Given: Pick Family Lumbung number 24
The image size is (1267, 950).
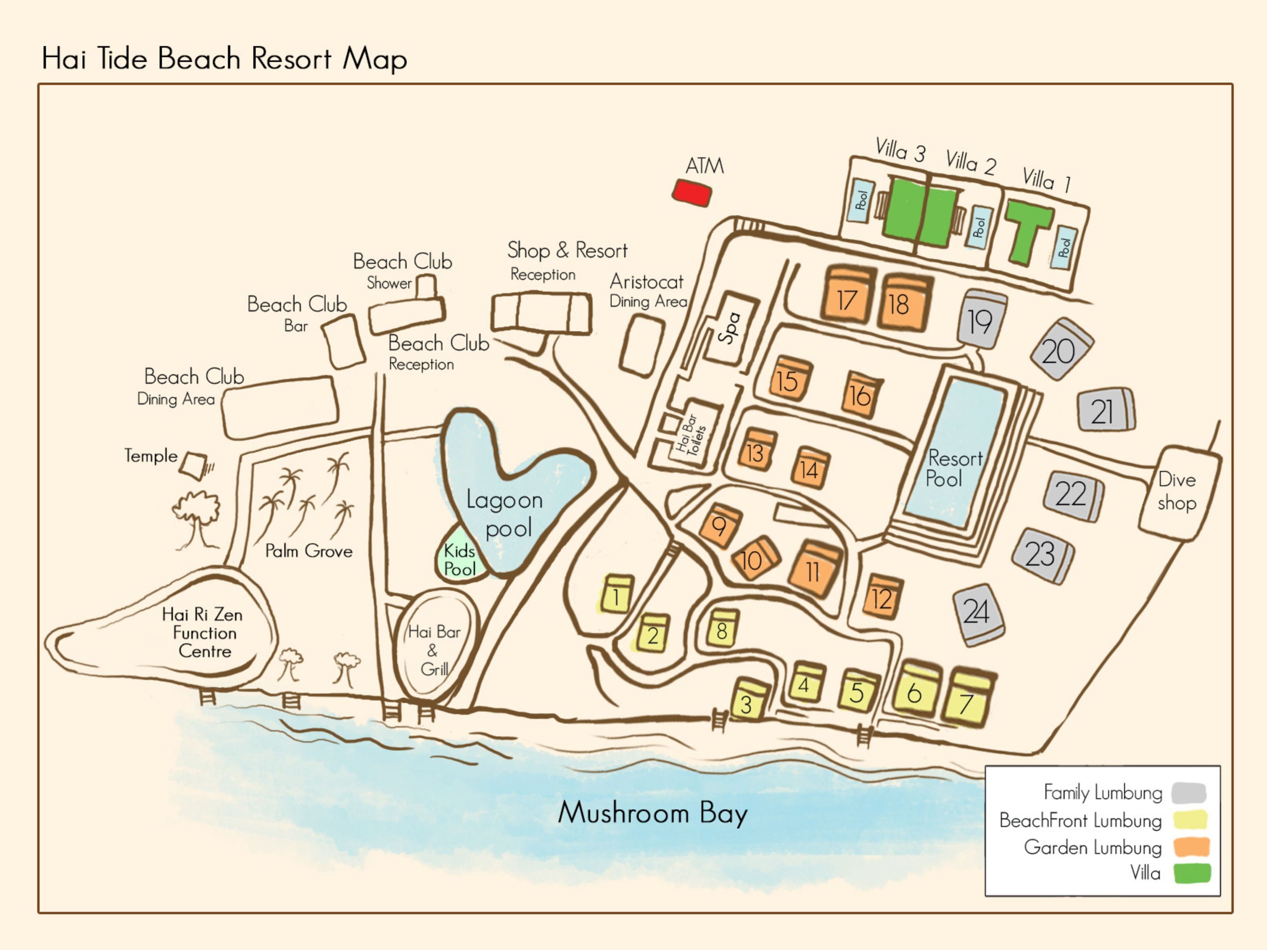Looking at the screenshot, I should pos(978,613).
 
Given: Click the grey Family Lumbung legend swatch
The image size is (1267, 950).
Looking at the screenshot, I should pos(1188,793).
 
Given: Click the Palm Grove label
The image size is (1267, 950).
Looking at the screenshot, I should pos(309,551).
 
